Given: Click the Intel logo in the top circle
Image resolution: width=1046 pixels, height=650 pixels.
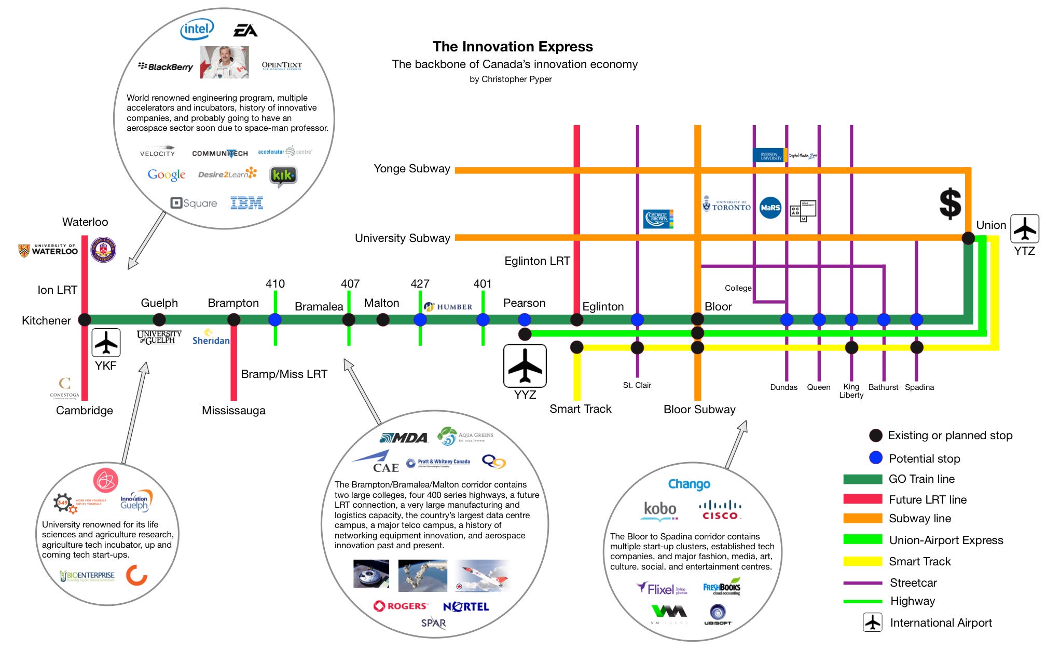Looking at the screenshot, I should [197, 30].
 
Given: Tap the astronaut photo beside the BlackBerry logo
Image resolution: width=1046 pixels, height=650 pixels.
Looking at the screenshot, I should [225, 62].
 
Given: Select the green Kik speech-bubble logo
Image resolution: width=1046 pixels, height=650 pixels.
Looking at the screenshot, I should [283, 176].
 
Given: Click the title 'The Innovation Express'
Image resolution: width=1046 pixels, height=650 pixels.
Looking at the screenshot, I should [513, 47].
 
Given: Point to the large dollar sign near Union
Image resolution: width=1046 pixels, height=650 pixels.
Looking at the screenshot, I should [950, 204].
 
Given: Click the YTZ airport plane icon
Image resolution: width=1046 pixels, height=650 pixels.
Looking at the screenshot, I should [1024, 228].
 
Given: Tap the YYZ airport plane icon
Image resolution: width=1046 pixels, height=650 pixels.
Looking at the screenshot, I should [525, 365].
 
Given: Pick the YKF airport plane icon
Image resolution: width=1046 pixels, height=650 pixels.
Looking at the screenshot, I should [106, 343].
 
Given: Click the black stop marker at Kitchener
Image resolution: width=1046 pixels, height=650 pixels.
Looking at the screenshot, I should [85, 320].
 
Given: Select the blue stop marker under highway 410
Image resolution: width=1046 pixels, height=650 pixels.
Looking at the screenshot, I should [275, 320].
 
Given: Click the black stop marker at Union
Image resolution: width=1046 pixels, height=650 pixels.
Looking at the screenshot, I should [968, 238].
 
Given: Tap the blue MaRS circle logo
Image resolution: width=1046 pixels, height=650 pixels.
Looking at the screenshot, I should [770, 208].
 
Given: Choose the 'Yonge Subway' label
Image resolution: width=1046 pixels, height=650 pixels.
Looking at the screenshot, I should [412, 169].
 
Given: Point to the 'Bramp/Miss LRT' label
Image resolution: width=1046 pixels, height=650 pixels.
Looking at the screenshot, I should [284, 374].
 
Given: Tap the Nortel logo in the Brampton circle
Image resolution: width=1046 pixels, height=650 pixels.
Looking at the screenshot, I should [465, 606].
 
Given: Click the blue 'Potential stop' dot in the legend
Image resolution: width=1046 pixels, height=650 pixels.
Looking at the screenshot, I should [876, 457].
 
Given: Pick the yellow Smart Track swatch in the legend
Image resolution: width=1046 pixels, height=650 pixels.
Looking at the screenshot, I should [862, 561].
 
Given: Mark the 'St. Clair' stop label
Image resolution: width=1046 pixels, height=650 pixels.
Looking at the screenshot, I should [637, 385].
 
